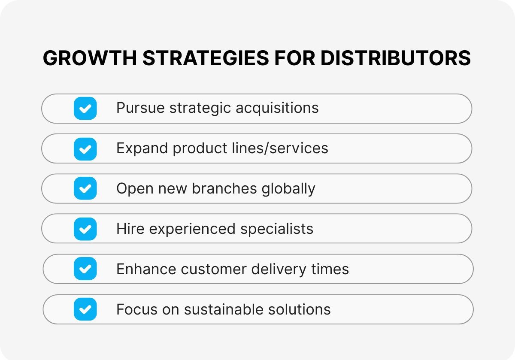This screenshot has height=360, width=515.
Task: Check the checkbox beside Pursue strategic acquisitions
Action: click(x=85, y=108)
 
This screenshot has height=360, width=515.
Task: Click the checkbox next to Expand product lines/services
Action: click(x=85, y=148)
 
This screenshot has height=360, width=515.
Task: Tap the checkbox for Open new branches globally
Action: click(x=85, y=188)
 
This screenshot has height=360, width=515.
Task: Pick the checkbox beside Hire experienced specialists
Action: click(x=85, y=229)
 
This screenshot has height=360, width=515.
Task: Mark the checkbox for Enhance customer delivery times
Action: click(x=85, y=269)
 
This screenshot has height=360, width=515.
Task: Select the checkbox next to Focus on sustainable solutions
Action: click(x=85, y=309)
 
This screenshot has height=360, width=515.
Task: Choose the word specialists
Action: click(x=277, y=229)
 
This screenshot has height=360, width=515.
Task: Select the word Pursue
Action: click(x=140, y=108)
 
